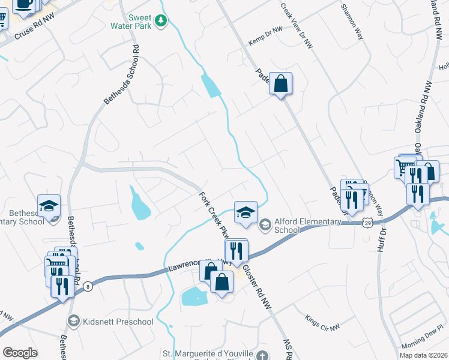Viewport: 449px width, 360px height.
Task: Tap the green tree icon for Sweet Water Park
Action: point(161,22)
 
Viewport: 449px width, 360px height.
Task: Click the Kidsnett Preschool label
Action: point(118,322)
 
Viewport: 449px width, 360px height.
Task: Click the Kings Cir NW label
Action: point(322,322)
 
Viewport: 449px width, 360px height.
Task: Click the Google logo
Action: point(20,352)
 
